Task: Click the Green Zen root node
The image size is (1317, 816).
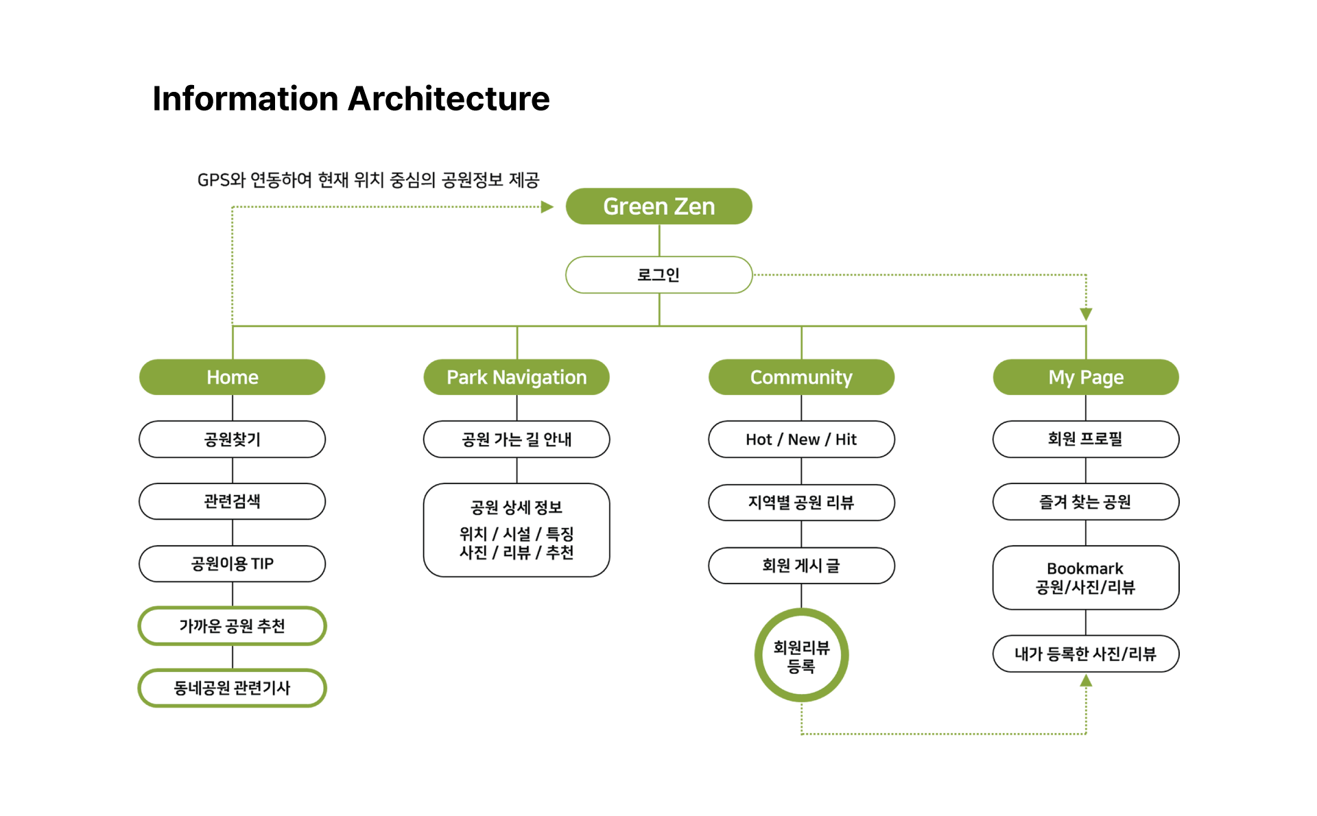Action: (x=658, y=206)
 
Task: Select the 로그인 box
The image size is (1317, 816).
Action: (x=658, y=275)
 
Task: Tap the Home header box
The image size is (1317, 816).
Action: (x=233, y=377)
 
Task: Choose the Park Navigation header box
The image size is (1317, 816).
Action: (x=517, y=377)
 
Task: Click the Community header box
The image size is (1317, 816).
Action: (x=801, y=377)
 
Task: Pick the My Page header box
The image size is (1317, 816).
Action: (x=1086, y=377)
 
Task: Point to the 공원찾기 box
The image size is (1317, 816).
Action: (x=233, y=440)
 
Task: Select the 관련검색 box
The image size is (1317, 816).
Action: (x=233, y=501)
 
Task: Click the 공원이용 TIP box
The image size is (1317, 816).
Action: (x=233, y=564)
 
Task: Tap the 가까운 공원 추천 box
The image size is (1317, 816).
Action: (x=233, y=626)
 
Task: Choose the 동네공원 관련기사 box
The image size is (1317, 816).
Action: (x=233, y=688)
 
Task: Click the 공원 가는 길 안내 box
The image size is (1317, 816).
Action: (x=517, y=440)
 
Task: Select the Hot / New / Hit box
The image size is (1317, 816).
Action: (x=801, y=440)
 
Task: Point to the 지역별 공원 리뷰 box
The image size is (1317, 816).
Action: (x=801, y=503)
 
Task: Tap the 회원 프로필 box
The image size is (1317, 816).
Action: (x=1086, y=440)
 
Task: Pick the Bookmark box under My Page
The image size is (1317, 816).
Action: (x=1086, y=577)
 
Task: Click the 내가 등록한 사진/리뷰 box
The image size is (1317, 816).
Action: (x=1086, y=654)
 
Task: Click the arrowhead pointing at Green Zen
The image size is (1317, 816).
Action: (x=547, y=207)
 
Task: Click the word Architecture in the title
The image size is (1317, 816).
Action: (x=449, y=99)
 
